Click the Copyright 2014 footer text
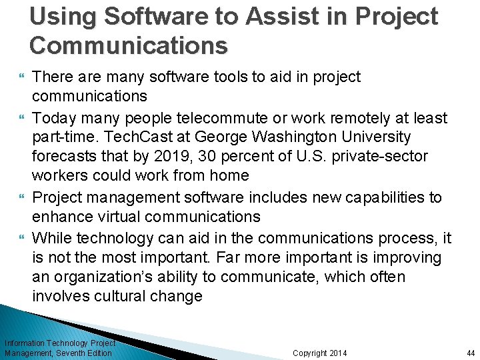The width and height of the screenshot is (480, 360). [x=320, y=353]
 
